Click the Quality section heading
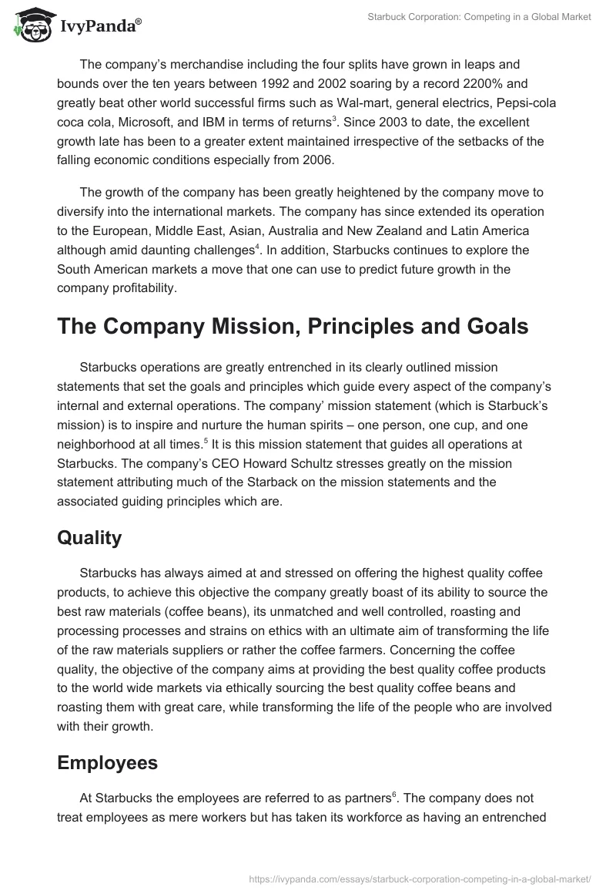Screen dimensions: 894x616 89,537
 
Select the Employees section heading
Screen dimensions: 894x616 107,762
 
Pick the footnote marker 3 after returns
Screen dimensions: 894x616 333,119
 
